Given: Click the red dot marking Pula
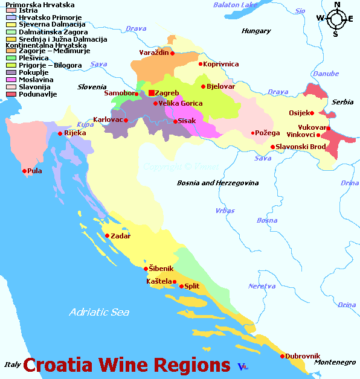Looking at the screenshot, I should point(25,171).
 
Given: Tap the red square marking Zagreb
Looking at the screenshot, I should point(151,93).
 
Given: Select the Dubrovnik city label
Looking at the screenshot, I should point(303,356).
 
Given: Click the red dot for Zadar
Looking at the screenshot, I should point(107,236).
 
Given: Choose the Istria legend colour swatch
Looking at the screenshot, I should point(11,11).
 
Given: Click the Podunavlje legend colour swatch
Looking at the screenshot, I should point(11,94).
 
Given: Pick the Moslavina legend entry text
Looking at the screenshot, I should point(36,80).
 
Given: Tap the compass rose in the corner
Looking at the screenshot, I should point(336,19).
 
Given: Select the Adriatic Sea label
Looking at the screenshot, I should point(99,312).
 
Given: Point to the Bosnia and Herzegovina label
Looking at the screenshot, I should point(217,182).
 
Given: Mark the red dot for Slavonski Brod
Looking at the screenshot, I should point(272,147).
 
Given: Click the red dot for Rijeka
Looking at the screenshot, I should point(60,133).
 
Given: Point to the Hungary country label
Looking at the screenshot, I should point(256,31).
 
